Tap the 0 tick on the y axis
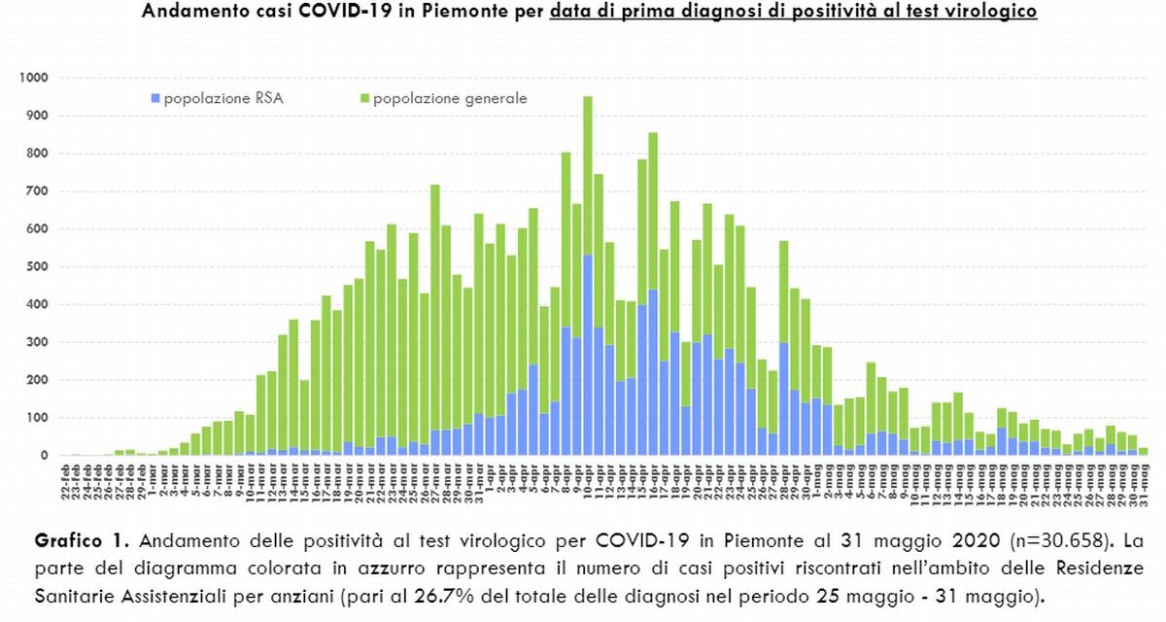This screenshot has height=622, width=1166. coord(45,456)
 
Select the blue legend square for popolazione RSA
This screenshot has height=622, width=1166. coord(155,98)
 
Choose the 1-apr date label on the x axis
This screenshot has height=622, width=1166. coord(490,477)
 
